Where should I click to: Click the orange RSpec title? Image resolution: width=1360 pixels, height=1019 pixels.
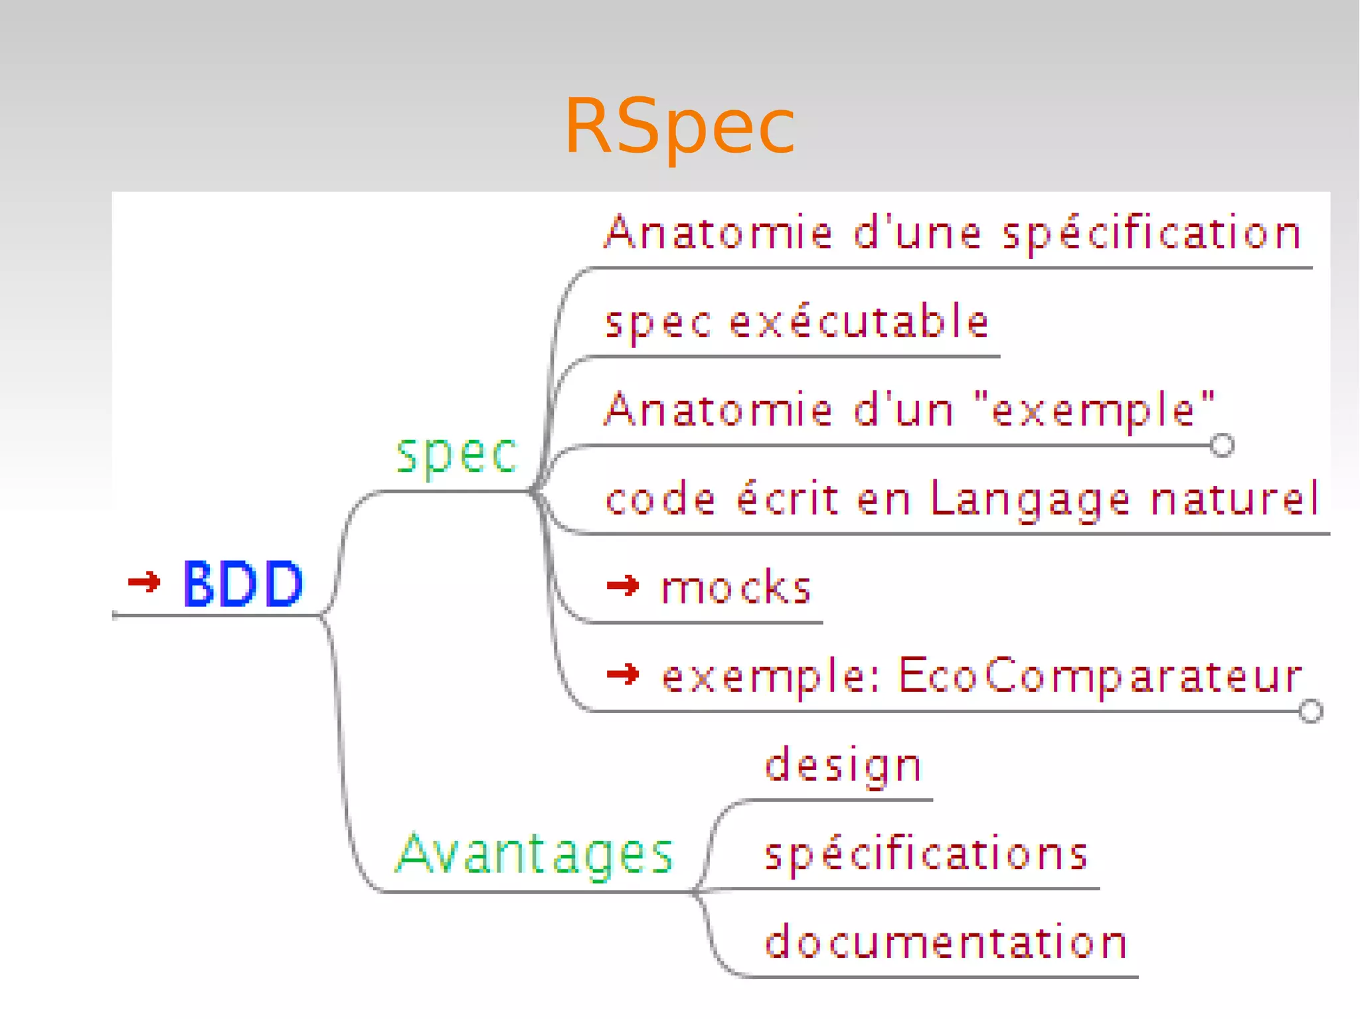point(679,126)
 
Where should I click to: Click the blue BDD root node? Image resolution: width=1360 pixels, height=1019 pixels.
point(243,584)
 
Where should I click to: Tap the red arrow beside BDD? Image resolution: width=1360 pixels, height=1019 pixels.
point(144,582)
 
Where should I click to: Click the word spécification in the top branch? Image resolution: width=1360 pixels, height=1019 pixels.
point(1151,234)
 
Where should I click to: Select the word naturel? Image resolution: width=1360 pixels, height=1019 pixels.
point(1234,499)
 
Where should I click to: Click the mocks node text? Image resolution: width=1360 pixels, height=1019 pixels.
point(736,588)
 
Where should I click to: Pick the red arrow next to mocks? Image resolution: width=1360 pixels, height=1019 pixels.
point(623,586)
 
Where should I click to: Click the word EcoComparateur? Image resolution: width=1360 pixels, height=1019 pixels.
point(1100,676)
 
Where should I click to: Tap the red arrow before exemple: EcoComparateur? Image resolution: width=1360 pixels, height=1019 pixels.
point(623,675)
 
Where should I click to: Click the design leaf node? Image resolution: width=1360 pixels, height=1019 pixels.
point(843,765)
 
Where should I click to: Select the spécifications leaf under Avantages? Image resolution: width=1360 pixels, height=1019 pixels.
point(926,854)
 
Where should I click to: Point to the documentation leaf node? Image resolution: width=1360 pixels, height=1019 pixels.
point(946,942)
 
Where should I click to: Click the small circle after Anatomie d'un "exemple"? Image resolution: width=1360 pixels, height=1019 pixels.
point(1222,445)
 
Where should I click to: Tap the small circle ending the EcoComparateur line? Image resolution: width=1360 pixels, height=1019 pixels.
point(1311,711)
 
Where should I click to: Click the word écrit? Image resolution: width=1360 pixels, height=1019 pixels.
point(788,499)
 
